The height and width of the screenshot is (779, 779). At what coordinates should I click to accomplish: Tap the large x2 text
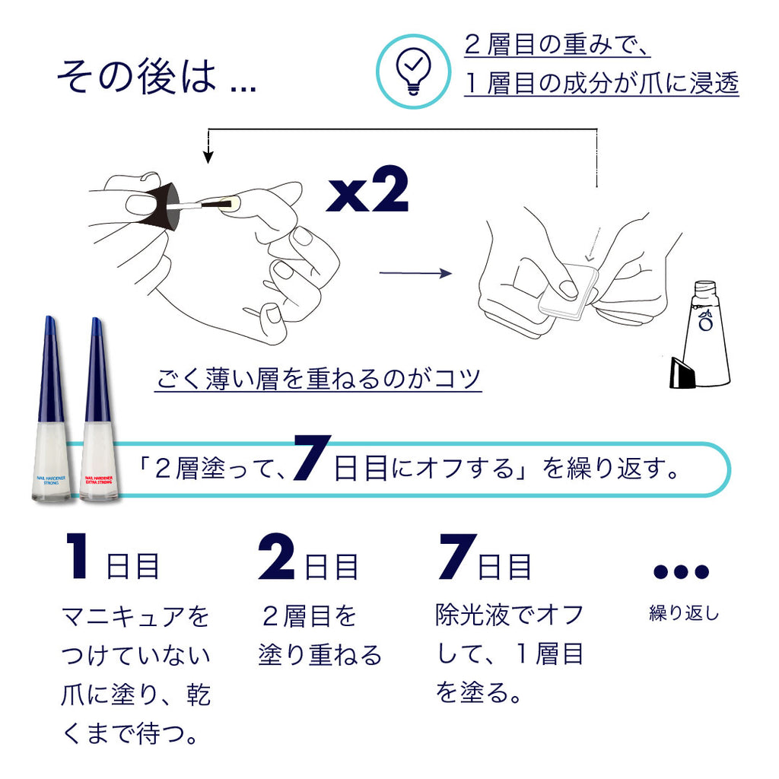point(367,192)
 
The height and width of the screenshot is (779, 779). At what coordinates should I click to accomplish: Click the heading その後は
point(137,78)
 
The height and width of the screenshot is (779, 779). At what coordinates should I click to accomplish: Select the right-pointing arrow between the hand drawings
point(415,273)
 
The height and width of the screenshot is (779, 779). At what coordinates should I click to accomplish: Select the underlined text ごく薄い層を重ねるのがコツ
point(318,378)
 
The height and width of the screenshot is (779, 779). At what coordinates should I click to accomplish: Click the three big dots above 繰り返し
point(681,571)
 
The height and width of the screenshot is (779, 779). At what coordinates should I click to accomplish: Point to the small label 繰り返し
point(683,613)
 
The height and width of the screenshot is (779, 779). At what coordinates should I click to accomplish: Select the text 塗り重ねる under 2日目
point(320,655)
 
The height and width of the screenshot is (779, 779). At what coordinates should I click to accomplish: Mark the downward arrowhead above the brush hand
point(208,157)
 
